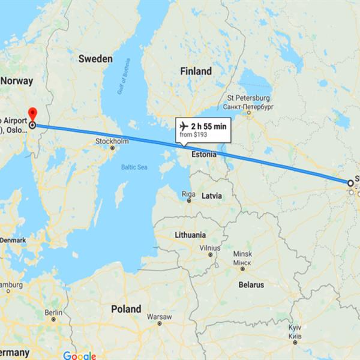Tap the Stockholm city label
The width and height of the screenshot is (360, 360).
point(112,142)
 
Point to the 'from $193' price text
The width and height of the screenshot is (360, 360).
point(193,136)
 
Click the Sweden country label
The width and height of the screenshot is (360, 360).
point(95,59)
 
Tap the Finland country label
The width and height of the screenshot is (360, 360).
point(196,71)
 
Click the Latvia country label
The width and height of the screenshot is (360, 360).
point(211,196)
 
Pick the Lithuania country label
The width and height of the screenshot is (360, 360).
point(190,235)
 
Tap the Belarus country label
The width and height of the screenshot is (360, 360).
point(251,285)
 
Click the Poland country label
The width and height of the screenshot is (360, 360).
point(126,309)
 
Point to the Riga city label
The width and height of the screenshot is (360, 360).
point(188,193)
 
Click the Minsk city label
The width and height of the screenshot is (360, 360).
point(242,253)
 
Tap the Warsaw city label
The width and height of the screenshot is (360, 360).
point(159,316)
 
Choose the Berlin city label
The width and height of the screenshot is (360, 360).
point(53,312)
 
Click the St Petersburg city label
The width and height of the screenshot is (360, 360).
point(248,98)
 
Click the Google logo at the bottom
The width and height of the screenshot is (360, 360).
point(79,355)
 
